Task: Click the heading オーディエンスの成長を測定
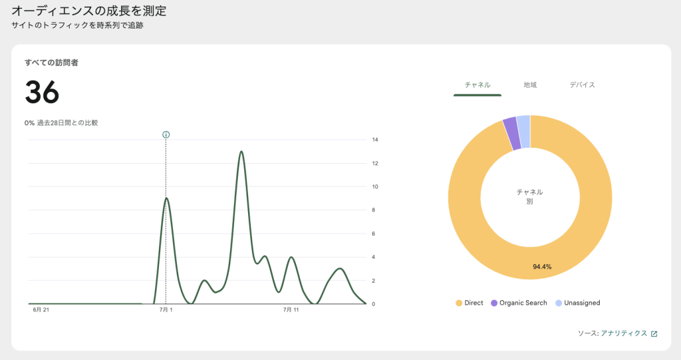tap(88, 11)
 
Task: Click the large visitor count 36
tap(42, 92)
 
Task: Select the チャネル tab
tap(477, 85)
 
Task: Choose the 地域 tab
tap(530, 85)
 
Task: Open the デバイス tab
tap(582, 85)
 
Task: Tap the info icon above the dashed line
tap(166, 134)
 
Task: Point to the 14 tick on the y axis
tap(375, 140)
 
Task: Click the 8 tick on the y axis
tap(375, 210)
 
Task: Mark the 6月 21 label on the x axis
tap(41, 310)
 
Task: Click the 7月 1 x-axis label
tap(166, 310)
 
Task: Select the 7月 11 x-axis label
tap(291, 310)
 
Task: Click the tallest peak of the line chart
tap(241, 152)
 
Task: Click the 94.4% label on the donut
tap(542, 267)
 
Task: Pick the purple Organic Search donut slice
tap(510, 124)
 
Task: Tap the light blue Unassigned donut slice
tap(523, 123)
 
